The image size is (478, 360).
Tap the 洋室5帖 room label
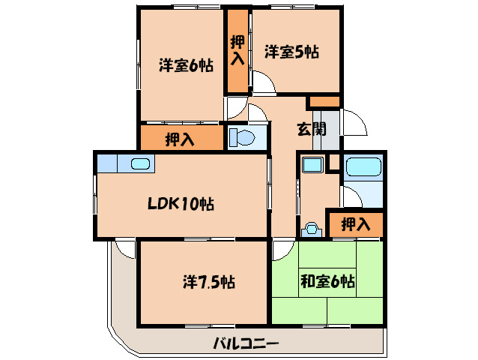pos(291,52)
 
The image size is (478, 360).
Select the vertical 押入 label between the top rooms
pos(237,50)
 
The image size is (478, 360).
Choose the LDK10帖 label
pos(180,203)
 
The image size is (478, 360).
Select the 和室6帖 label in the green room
pos(328,282)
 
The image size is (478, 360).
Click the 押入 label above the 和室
pos(354,223)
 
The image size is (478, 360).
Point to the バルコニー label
pos(246,343)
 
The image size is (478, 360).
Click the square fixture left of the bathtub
pos(312,164)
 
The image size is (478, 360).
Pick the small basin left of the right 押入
pos(311,229)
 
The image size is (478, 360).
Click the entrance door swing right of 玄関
pos(355,121)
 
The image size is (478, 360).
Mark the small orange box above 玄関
pos(324,101)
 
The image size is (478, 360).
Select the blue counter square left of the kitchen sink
pos(107,163)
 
